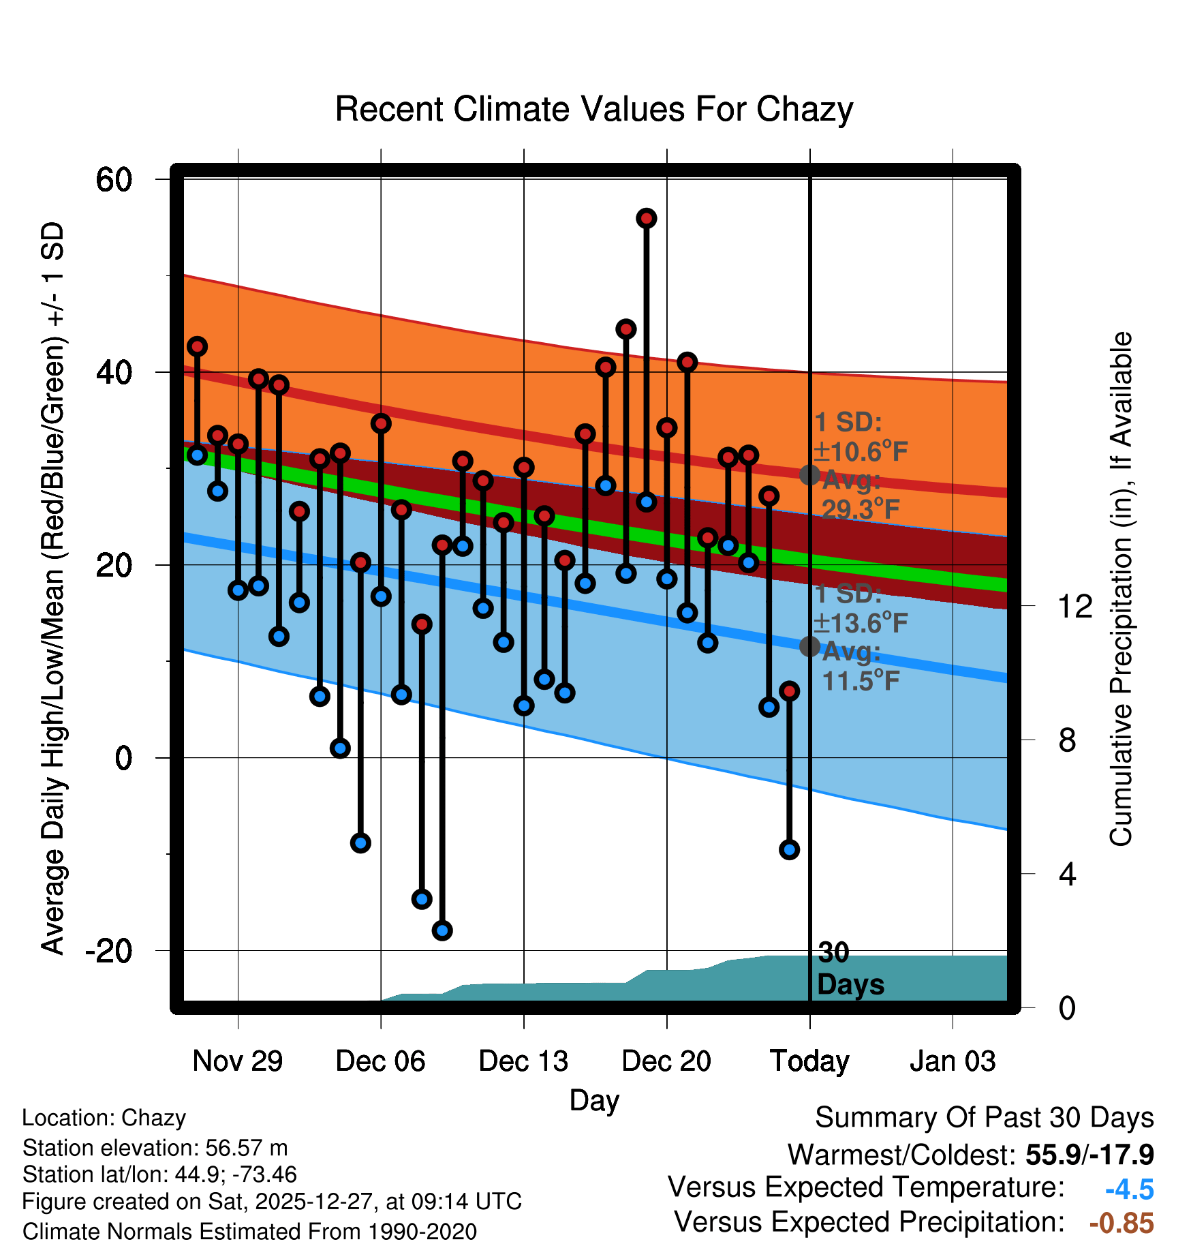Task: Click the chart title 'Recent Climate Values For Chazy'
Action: pos(593,110)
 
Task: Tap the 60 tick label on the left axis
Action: pos(114,181)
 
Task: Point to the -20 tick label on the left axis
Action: pos(109,951)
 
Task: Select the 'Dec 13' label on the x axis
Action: pos(523,1061)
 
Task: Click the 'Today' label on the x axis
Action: pos(809,1061)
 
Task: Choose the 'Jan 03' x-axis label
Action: pos(953,1061)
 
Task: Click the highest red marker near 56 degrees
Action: pos(647,218)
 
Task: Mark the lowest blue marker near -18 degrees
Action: pos(442,930)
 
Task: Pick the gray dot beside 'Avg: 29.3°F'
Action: pos(809,475)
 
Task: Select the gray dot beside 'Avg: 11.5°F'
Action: pos(809,646)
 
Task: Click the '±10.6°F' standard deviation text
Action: pos(861,451)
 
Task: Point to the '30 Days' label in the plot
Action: pos(850,969)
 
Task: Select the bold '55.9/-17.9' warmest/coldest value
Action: pos(1089,1155)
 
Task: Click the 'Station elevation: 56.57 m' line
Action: pos(155,1148)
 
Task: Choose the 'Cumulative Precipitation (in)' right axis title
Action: pos(1121,589)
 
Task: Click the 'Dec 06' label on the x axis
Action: pos(380,1061)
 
